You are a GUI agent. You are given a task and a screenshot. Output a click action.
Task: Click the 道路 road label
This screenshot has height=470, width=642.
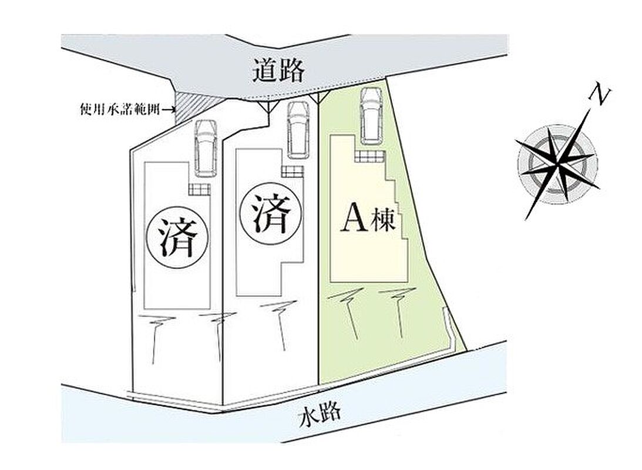tap(279, 70)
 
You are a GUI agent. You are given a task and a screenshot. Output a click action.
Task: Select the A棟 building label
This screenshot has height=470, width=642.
tap(368, 222)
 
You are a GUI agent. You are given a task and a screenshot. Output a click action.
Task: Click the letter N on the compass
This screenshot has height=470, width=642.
tap(599, 96)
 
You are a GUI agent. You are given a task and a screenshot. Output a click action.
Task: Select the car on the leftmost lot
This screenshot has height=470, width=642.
tap(206, 148)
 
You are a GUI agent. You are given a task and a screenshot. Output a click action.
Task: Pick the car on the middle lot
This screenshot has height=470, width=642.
tap(298, 130)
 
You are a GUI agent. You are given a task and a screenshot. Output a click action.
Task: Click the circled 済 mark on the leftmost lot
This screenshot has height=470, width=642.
tap(178, 237)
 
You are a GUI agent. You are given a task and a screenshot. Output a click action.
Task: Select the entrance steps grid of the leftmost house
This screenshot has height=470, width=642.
tap(199, 189)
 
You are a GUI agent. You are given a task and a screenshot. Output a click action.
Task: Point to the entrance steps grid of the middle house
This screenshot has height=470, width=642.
tap(293, 171)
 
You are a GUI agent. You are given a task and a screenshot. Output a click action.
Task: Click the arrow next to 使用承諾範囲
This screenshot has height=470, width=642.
tap(167, 110)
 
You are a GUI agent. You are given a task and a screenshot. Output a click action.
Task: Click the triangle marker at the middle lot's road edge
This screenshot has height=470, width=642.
tap(267, 106)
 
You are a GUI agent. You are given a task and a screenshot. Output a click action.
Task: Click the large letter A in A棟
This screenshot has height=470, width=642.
tap(354, 222)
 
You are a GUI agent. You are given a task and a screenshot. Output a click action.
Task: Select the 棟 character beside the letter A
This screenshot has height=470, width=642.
tap(383, 222)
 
